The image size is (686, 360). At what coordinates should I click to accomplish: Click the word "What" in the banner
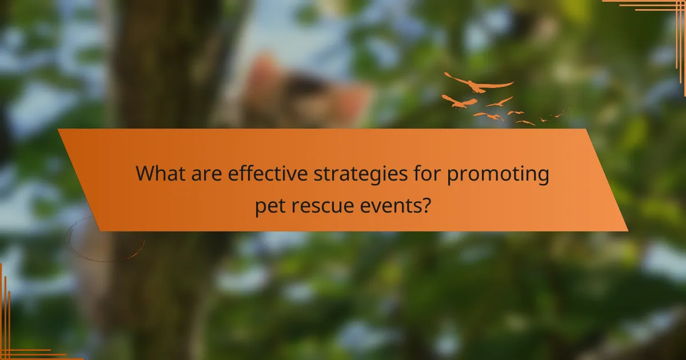click(x=159, y=173)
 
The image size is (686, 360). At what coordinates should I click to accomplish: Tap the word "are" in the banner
click(x=206, y=173)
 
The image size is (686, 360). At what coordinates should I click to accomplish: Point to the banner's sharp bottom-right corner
click(x=627, y=231)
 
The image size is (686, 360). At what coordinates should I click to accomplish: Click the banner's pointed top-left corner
click(x=59, y=130)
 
